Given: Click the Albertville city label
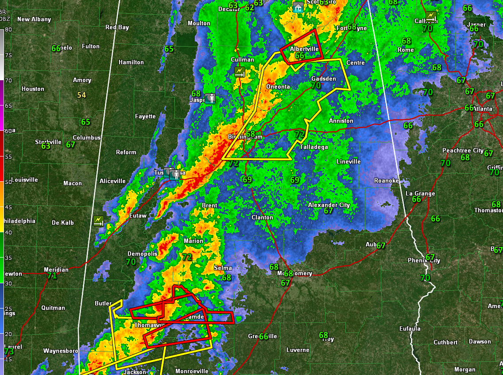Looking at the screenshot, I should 304,49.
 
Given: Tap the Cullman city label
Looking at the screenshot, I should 243,59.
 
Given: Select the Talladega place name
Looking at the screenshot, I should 314,147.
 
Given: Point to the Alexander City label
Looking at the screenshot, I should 329,205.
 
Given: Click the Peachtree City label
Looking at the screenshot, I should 463,151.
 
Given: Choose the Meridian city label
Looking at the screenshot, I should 56,270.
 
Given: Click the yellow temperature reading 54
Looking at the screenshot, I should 81,95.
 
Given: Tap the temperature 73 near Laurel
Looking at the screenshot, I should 9,352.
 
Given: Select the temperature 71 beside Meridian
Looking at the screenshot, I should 52,276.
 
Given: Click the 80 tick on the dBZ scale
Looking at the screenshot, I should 8,29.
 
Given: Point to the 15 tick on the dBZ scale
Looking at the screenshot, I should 8,359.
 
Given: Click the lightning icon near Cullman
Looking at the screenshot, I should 240,72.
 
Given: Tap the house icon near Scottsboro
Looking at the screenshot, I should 298,8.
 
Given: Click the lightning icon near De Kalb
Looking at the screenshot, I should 98,221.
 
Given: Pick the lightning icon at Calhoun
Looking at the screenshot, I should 430,16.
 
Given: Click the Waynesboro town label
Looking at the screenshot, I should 61,351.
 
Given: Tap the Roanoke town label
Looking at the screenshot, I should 386,180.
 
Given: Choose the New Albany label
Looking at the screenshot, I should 34,19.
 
